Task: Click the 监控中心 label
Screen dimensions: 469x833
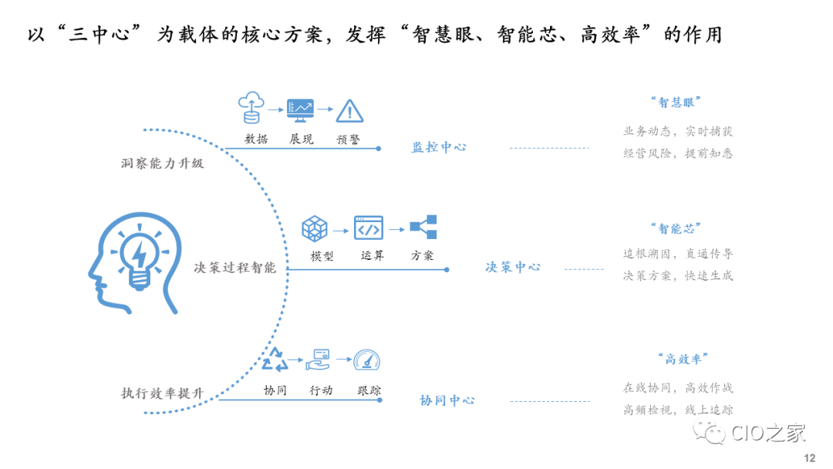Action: pyautogui.click(x=439, y=147)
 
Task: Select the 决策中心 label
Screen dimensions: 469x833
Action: pyautogui.click(x=513, y=267)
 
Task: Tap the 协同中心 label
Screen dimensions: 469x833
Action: pyautogui.click(x=447, y=400)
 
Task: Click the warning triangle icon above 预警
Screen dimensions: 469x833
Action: pyautogui.click(x=349, y=111)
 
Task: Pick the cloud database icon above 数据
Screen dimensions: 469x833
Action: pyautogui.click(x=251, y=108)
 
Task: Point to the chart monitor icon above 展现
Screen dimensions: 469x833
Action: pyautogui.click(x=300, y=110)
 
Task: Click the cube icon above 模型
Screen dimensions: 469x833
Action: pyautogui.click(x=315, y=228)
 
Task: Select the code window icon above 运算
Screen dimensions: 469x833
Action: pyautogui.click(x=369, y=228)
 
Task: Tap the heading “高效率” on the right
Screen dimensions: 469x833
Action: pyautogui.click(x=683, y=359)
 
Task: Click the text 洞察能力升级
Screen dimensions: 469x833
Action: pyautogui.click(x=163, y=163)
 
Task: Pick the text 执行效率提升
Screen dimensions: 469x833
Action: pyautogui.click(x=163, y=393)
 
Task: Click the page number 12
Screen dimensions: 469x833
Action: pyautogui.click(x=809, y=458)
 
